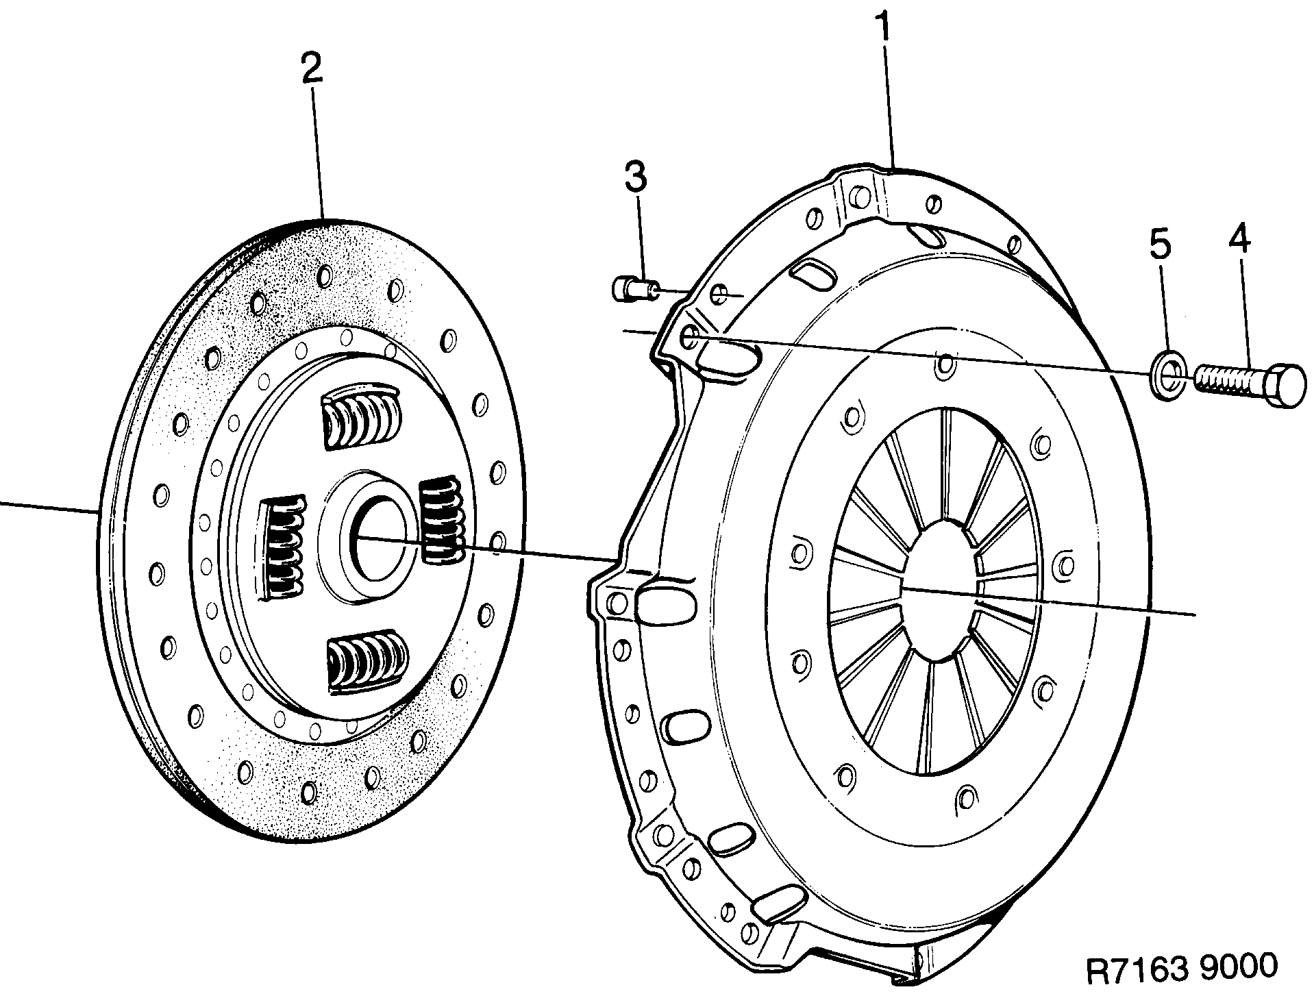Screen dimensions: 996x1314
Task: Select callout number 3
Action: (635, 177)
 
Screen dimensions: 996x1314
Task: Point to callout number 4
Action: (1239, 240)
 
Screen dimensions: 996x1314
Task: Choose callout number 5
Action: (1160, 245)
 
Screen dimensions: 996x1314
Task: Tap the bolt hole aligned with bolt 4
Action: (691, 336)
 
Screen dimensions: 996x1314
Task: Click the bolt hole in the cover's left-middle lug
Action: (617, 603)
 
